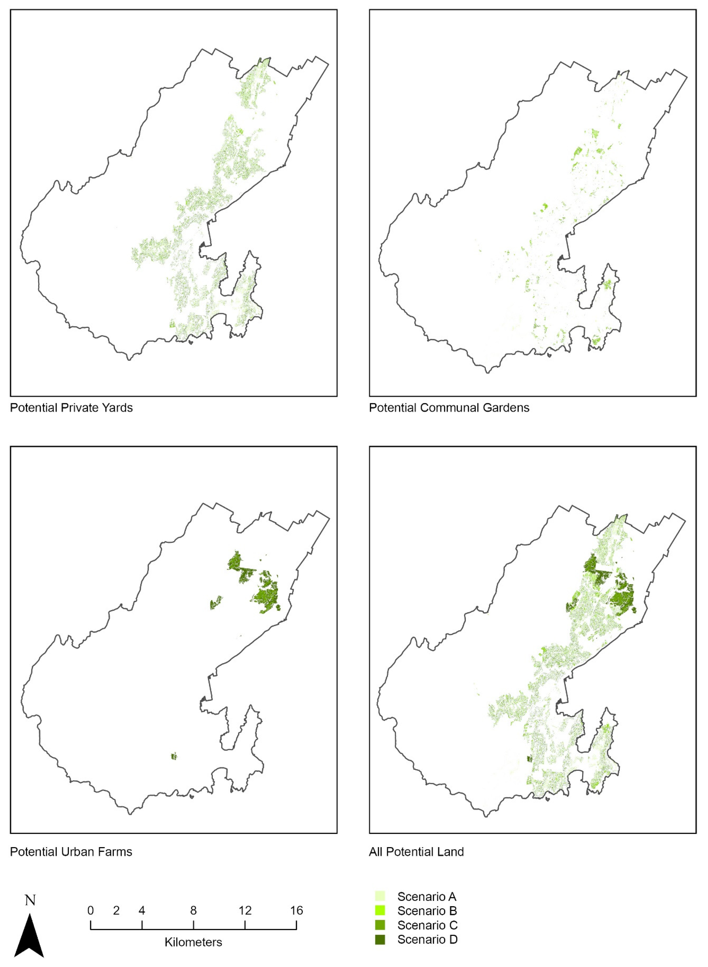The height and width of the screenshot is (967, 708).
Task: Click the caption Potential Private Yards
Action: coord(71,408)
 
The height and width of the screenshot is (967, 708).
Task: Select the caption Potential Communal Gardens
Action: coord(449,408)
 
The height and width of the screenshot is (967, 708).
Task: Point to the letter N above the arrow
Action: coord(30,900)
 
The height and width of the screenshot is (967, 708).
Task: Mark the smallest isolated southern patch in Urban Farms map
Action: coord(174,756)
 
